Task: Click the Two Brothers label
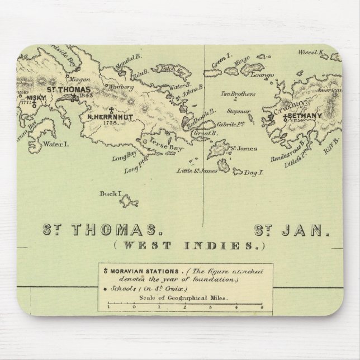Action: tap(234, 94)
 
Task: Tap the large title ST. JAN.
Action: tap(292, 229)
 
